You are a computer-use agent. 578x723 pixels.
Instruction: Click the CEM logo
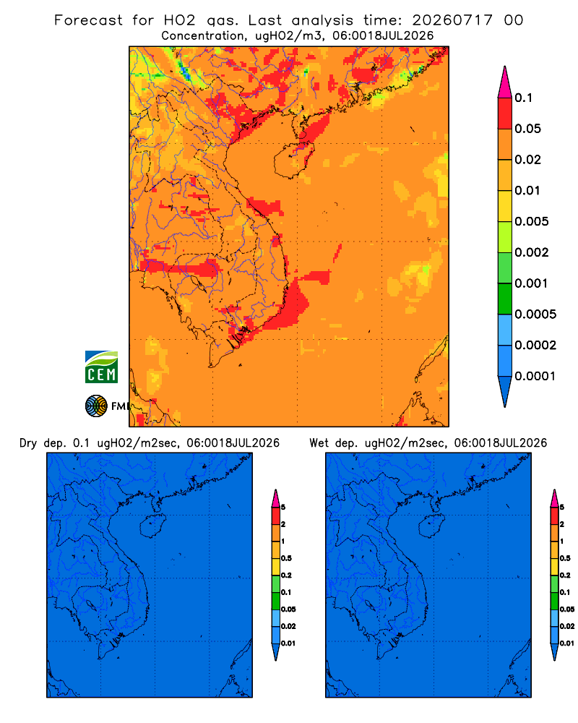click(101, 367)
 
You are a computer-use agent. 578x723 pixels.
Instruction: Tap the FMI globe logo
click(96, 406)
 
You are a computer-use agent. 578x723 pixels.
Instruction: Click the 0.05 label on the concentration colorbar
click(527, 129)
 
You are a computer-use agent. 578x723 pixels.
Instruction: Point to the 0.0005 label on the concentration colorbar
click(535, 315)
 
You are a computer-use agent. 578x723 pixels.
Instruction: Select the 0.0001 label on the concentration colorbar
click(535, 376)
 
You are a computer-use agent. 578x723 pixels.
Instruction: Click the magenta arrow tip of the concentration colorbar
click(505, 82)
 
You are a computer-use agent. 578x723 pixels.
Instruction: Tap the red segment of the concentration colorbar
click(505, 114)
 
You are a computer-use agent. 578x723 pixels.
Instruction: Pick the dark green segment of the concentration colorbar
click(505, 299)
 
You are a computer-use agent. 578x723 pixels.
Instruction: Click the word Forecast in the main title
click(88, 20)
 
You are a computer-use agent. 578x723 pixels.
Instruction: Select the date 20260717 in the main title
click(452, 20)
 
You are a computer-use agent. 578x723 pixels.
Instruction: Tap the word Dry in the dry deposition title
click(28, 443)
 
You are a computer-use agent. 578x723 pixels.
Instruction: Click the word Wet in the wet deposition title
click(319, 443)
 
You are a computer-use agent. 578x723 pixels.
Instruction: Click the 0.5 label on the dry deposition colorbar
click(286, 558)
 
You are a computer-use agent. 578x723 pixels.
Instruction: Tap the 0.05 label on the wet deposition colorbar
click(567, 609)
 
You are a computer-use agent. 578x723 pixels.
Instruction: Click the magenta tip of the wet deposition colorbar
click(554, 498)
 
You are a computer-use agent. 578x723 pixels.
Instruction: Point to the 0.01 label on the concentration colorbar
click(527, 190)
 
